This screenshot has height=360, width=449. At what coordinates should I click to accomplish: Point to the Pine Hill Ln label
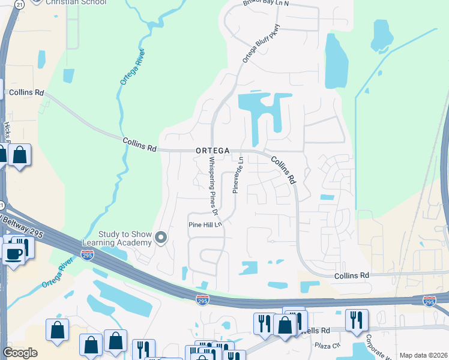[206, 224]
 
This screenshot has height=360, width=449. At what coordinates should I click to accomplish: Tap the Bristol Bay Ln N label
[266, 3]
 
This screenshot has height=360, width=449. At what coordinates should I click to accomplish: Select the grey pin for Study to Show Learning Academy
[160, 238]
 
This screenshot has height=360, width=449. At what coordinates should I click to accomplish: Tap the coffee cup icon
[13, 253]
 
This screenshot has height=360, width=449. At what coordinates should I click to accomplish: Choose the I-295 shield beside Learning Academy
[88, 256]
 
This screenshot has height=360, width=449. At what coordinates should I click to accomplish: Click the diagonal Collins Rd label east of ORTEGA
[283, 170]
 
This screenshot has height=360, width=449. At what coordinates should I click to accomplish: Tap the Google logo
[20, 352]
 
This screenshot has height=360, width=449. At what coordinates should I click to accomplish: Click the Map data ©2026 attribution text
[423, 355]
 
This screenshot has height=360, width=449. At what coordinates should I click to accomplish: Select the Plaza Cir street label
[328, 346]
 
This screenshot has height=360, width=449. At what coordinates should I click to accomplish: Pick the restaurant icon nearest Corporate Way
[357, 320]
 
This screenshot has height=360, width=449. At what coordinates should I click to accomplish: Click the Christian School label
[76, 2]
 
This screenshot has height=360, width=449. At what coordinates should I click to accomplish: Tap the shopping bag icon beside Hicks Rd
[20, 155]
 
